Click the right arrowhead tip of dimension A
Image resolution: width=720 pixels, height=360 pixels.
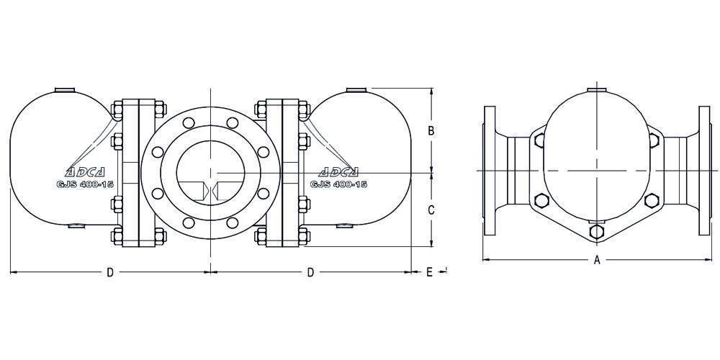pyautogui.click(x=711, y=260)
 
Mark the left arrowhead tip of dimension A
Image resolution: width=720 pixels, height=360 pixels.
pyautogui.click(x=482, y=260)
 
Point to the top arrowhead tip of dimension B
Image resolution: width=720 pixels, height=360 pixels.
pyautogui.click(x=431, y=88)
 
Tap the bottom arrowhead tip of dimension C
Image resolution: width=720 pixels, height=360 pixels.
pyautogui.click(x=431, y=246)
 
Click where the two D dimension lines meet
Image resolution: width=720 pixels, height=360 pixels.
pyautogui.click(x=210, y=272)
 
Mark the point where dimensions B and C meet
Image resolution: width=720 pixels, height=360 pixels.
pyautogui.click(x=431, y=173)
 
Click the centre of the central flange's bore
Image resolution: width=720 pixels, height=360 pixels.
pyautogui.click(x=210, y=173)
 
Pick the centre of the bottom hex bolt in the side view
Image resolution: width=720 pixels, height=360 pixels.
pyautogui.click(x=596, y=231)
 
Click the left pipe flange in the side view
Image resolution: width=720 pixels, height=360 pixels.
pyautogui.click(x=490, y=171)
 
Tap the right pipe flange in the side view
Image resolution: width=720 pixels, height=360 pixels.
pyautogui.click(x=704, y=171)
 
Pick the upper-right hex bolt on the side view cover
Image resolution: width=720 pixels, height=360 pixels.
pyautogui.click(x=654, y=140)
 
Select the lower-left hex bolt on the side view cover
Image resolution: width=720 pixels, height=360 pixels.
pyautogui.click(x=542, y=201)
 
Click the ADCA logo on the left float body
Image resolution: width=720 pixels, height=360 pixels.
pyautogui.click(x=85, y=172)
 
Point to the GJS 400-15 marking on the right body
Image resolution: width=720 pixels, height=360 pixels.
pyautogui.click(x=339, y=184)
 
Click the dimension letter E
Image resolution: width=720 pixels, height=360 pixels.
pyautogui.click(x=429, y=272)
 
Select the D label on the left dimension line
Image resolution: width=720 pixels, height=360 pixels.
pyautogui.click(x=109, y=272)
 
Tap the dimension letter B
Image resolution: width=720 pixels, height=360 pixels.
pyautogui.click(x=431, y=131)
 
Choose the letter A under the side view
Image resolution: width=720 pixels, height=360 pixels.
pyautogui.click(x=597, y=261)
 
